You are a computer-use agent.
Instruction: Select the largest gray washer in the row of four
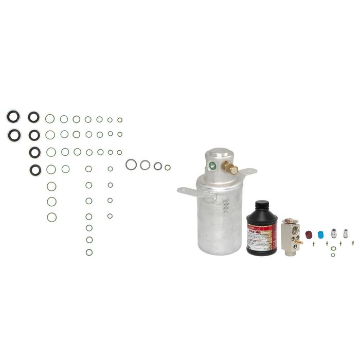[x=131, y=165]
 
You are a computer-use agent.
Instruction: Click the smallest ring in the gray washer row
[x=168, y=167]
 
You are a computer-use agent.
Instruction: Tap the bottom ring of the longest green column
[x=89, y=252]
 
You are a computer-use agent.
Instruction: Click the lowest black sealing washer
[x=34, y=168]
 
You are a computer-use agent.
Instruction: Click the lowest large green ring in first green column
[x=51, y=217]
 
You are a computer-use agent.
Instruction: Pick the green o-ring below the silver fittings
[x=334, y=249]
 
